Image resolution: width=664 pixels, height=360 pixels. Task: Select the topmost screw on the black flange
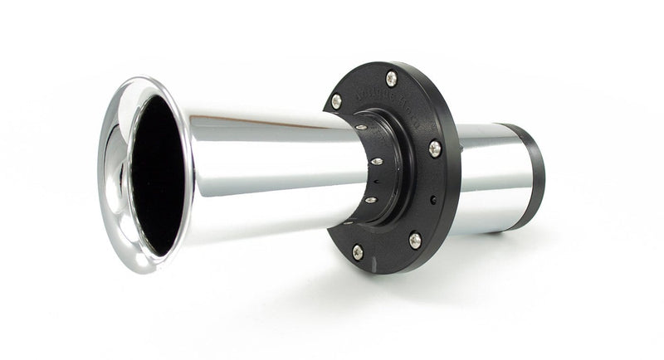click(392, 78)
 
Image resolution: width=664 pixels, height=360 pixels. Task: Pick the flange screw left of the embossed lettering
click(336, 101)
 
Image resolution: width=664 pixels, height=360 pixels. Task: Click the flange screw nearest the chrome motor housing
click(435, 149)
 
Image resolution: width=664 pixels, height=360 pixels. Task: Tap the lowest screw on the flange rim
click(358, 251)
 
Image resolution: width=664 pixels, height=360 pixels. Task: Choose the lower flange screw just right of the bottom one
click(414, 241)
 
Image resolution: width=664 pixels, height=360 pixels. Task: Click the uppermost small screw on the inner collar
click(362, 126)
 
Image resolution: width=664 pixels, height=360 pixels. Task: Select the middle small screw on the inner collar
click(376, 161)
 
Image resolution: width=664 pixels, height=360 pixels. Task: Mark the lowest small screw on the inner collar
click(370, 199)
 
